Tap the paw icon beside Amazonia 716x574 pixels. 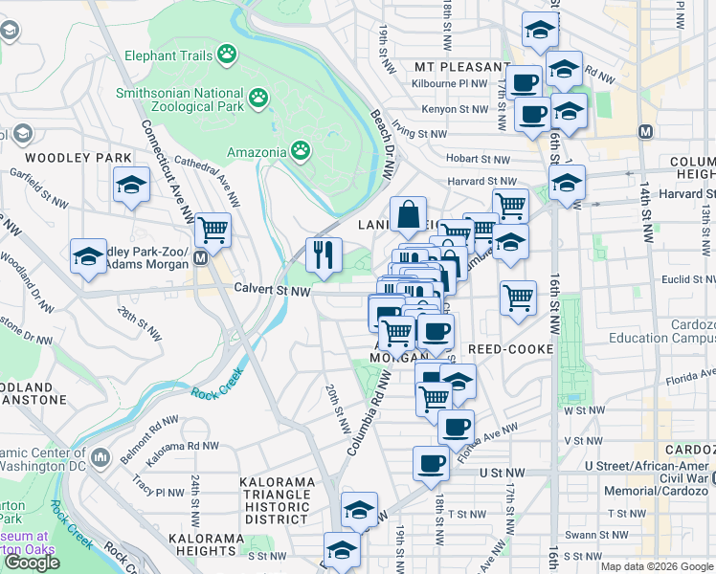301,151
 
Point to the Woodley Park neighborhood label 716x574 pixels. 65,157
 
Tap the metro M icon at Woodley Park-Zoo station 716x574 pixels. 201,258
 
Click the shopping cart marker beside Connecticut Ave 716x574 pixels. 213,230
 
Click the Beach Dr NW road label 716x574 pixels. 383,143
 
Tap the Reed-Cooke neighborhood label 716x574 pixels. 512,350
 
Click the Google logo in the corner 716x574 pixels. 32,563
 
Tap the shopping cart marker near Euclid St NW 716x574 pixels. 518,298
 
